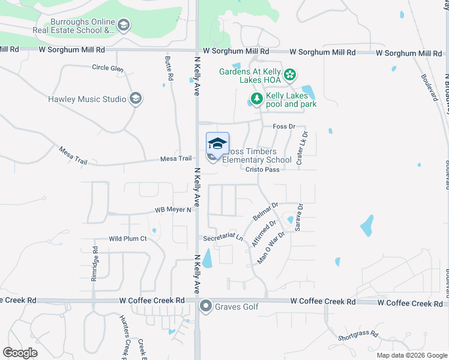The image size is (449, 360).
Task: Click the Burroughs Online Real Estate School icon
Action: (124, 25)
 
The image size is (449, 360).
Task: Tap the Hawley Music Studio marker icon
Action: (135, 99)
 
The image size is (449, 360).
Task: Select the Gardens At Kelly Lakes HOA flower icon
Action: (290, 74)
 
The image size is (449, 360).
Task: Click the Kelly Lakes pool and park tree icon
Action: (256, 98)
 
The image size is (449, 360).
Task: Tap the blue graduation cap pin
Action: (217, 144)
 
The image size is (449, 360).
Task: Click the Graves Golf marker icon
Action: (206, 307)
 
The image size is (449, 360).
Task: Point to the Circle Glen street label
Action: (108, 68)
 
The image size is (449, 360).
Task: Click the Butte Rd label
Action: (169, 69)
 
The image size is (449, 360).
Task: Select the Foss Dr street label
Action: (284, 127)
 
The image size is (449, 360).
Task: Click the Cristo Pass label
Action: (263, 170)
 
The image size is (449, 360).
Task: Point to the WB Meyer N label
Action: (173, 210)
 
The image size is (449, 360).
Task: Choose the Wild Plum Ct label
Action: (128, 239)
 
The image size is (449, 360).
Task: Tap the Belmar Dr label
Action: (266, 210)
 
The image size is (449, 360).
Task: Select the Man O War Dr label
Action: (271, 247)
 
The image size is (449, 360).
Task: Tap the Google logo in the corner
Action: (20, 352)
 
